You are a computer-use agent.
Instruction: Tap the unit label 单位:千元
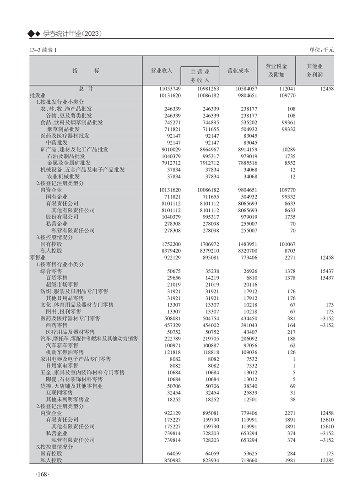(322, 50)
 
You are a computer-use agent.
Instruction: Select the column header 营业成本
(238, 71)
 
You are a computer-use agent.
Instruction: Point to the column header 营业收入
(161, 71)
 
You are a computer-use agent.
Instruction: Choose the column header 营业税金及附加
(276, 70)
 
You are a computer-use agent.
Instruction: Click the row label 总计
(86, 89)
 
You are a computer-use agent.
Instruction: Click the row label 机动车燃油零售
(65, 352)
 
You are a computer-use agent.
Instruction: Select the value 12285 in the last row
(325, 460)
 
